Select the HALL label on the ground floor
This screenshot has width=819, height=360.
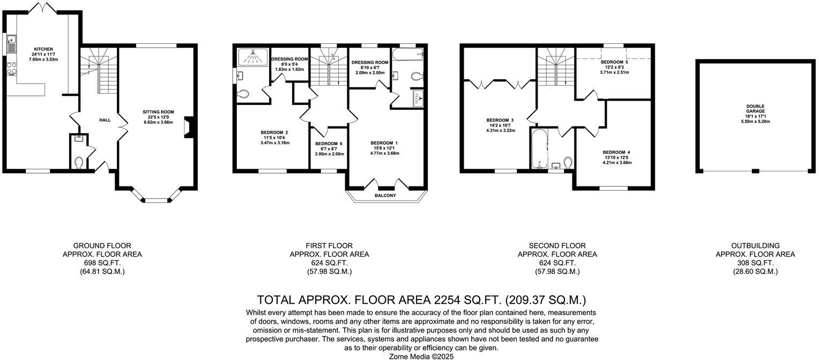(105, 120)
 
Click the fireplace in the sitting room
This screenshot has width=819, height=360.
(186, 127)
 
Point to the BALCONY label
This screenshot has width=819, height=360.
(385, 196)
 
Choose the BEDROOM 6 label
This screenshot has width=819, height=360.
(329, 144)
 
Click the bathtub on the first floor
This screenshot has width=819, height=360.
(408, 54)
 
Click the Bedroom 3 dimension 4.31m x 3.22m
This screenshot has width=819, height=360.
(501, 130)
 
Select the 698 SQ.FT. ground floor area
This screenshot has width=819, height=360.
(102, 263)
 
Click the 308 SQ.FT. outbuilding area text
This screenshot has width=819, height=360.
(755, 263)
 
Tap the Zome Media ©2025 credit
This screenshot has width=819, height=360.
(421, 356)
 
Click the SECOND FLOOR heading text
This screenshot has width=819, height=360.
(557, 246)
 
